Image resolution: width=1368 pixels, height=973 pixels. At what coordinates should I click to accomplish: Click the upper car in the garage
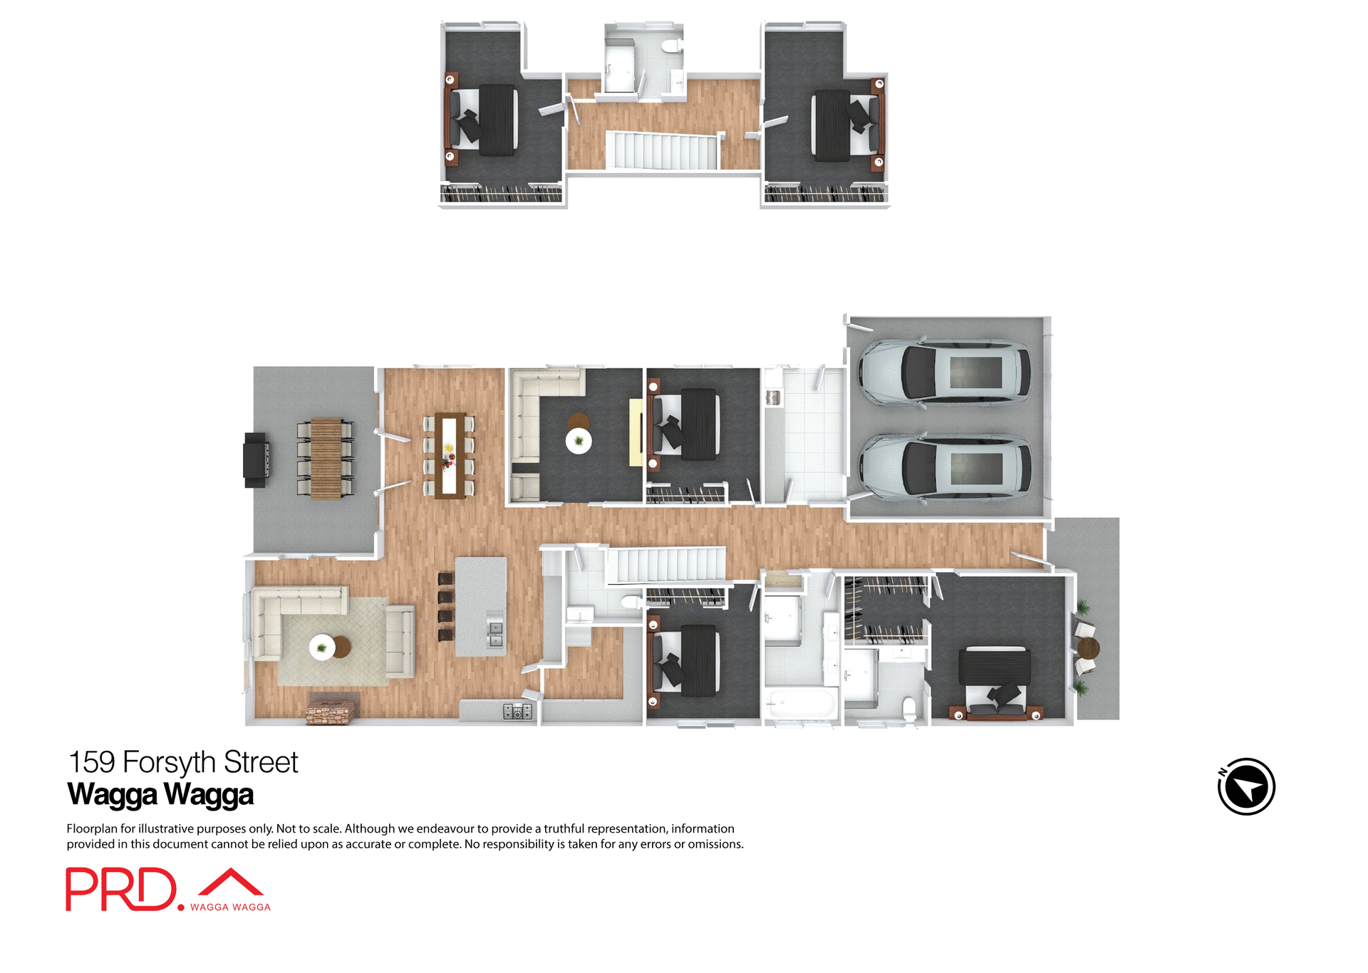pos(945,373)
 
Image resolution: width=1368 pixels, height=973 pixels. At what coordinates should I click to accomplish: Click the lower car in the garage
pos(945,467)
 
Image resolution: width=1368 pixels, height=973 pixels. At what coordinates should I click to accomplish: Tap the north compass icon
pos(1246,786)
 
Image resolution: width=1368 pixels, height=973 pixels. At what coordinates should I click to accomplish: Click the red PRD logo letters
pos(121,889)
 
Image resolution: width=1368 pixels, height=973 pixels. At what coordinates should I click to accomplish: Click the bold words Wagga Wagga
pos(160,794)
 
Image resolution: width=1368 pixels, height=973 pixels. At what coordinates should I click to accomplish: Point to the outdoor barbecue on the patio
pos(256,459)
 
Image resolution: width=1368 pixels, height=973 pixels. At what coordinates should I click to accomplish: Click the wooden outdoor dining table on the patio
pos(326,458)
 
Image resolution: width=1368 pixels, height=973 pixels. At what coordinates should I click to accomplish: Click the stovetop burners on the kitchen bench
pos(517,710)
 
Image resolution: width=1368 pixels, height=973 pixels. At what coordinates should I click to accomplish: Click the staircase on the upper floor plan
pos(663,151)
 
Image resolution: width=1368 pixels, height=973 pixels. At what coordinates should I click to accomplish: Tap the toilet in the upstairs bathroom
pos(670,47)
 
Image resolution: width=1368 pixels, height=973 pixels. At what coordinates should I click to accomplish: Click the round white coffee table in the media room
pos(579,441)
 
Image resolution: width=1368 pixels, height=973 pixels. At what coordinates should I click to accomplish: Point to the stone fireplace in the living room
pos(331,709)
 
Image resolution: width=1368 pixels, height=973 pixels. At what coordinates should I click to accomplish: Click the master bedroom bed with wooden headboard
pos(994,680)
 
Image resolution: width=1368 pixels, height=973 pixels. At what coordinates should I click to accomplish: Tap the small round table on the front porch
pos(1088,648)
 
